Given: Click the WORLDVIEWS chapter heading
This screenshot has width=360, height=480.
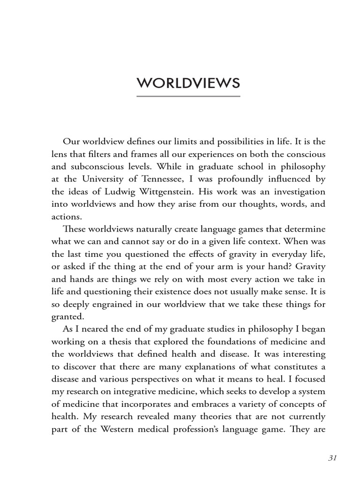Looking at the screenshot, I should point(188,83).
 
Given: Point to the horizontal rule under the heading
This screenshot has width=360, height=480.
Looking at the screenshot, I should point(188,97).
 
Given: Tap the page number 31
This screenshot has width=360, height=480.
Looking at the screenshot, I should point(333,458).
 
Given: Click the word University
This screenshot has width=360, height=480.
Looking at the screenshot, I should point(100,179).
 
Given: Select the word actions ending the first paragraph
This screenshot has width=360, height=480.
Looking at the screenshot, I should point(67,217).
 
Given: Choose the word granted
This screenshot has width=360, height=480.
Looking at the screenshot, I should point(67,316).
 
